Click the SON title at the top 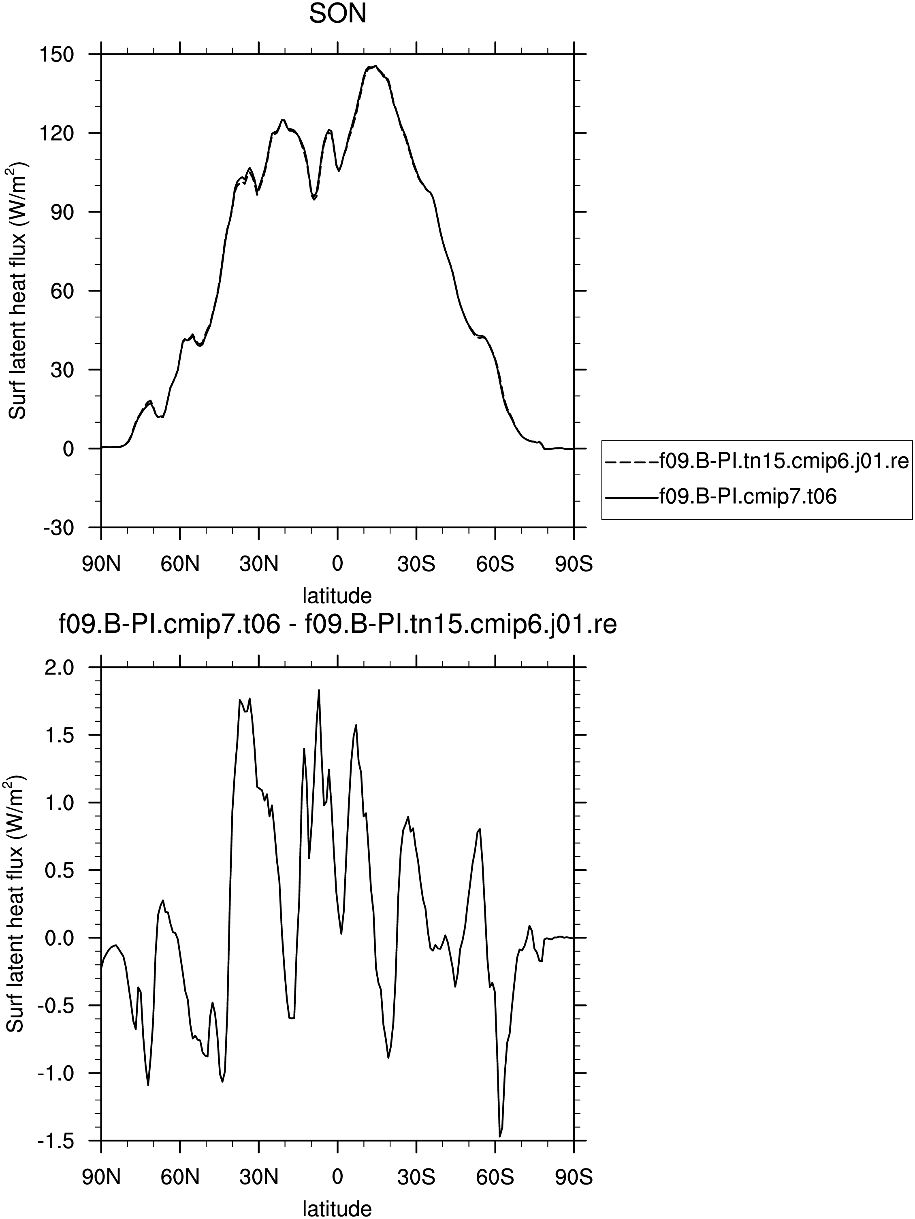click(337, 14)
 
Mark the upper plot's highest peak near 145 click(375, 66)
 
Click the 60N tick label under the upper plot click(180, 564)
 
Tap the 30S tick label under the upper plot click(416, 564)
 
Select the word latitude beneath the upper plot click(337, 595)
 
